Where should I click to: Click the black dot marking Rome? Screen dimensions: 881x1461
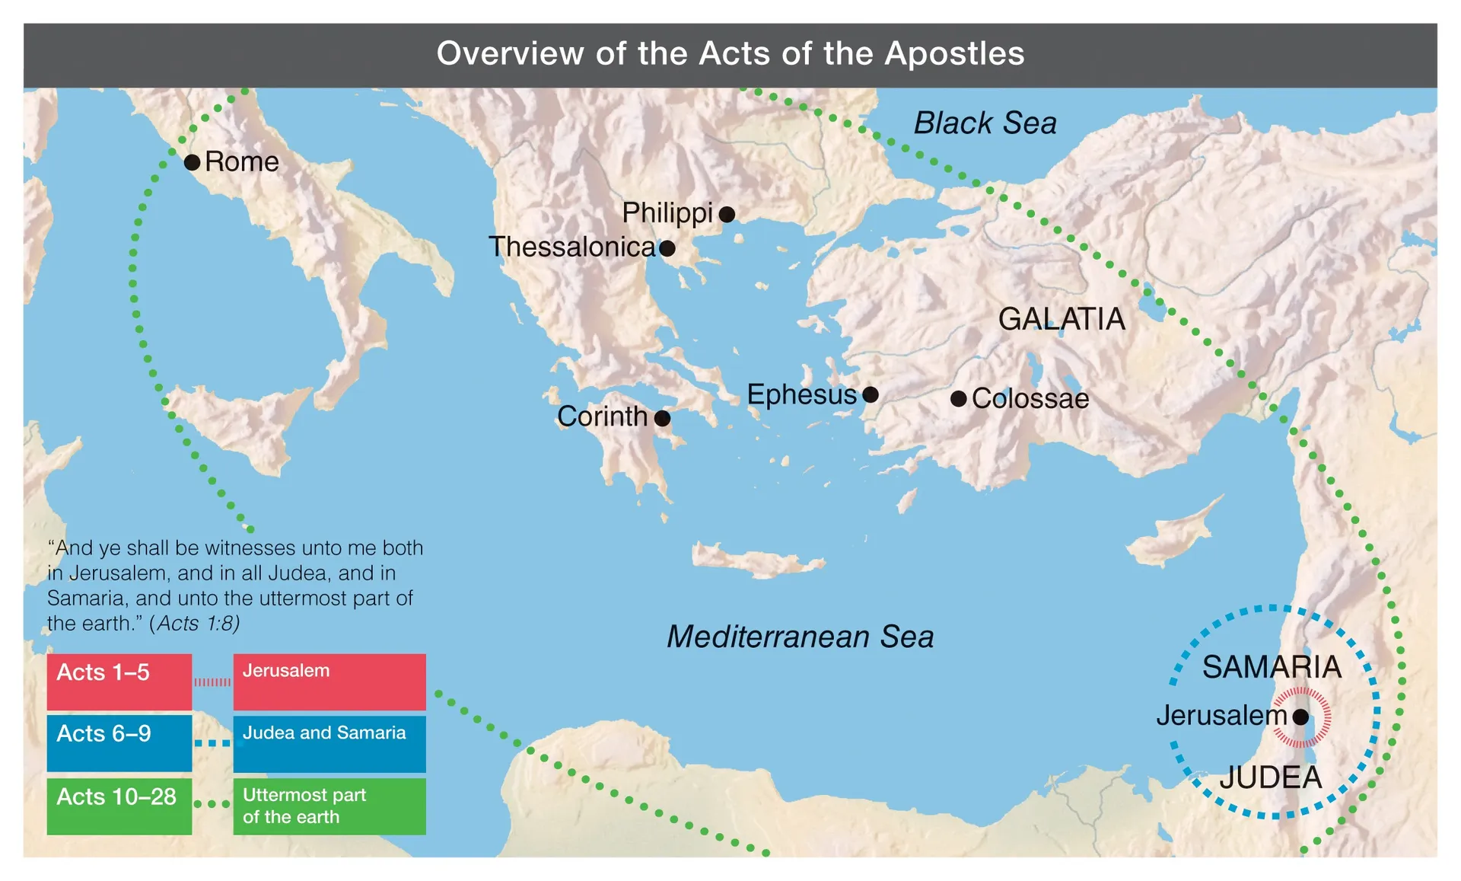click(x=193, y=162)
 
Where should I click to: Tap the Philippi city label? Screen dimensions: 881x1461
click(x=667, y=213)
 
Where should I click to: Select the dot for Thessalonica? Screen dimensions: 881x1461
click(x=667, y=248)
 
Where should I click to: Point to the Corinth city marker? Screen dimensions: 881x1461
click(x=662, y=418)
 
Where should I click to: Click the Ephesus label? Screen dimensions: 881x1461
click(x=801, y=394)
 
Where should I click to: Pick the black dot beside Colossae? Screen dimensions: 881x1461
click(x=959, y=398)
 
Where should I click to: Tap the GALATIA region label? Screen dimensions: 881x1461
click(x=1061, y=319)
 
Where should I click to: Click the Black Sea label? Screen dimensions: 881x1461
click(x=985, y=123)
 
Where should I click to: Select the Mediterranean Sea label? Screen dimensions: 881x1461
click(x=800, y=637)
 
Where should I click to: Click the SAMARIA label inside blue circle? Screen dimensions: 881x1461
click(x=1272, y=667)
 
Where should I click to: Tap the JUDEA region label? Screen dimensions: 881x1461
click(x=1270, y=777)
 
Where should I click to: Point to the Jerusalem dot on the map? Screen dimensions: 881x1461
click(x=1300, y=717)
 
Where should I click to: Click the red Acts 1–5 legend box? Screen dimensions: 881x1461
click(x=119, y=681)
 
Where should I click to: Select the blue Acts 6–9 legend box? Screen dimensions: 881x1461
click(x=119, y=742)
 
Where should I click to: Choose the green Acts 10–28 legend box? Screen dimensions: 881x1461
click(x=119, y=806)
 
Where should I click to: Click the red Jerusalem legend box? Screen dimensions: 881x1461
click(x=329, y=681)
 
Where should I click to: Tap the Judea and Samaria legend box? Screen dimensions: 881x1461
click(x=329, y=742)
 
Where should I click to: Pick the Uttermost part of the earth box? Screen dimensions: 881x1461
click(x=329, y=806)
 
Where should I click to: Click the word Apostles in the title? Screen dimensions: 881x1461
click(x=954, y=54)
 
